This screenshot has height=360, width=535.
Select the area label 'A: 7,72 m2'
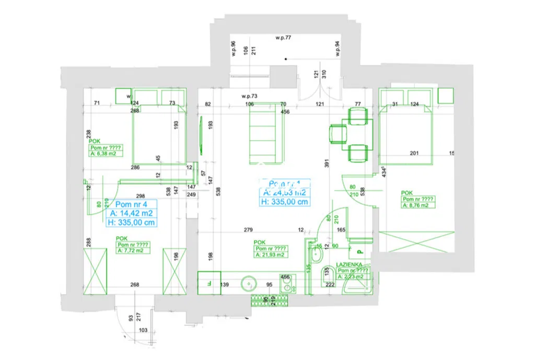click(x=130, y=251)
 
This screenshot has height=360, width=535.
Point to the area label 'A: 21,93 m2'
click(x=270, y=254)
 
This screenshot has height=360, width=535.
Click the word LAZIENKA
click(x=350, y=265)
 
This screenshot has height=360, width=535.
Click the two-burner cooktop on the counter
click(x=285, y=284)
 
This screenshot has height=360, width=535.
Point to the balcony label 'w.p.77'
click(x=283, y=38)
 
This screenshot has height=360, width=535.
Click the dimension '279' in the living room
click(x=248, y=229)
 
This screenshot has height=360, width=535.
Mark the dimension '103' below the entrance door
click(x=144, y=330)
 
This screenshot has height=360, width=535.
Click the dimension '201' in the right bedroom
click(x=415, y=153)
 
